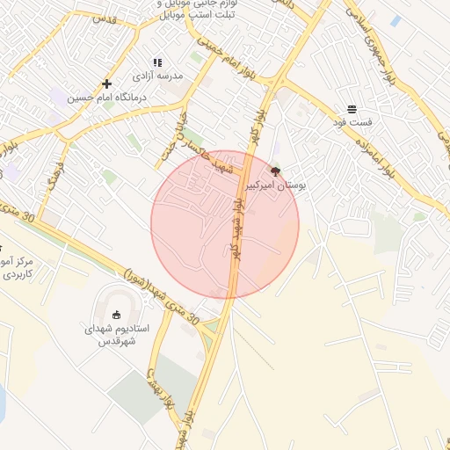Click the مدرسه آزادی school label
pyautogui.click(x=157, y=76)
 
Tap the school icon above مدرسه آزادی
pyautogui.click(x=157, y=62)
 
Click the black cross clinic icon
pyautogui.click(x=106, y=83)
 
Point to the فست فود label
pyautogui.click(x=352, y=123)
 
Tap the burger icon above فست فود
pyautogui.click(x=352, y=109)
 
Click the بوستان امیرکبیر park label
pyautogui.click(x=275, y=186)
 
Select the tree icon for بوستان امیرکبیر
pyautogui.click(x=275, y=171)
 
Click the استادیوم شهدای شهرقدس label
pyautogui.click(x=117, y=334)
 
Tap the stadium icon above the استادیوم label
pyautogui.click(x=117, y=315)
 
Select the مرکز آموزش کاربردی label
pyautogui.click(x=17, y=268)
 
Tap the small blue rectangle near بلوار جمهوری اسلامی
pyautogui.click(x=396, y=20)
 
